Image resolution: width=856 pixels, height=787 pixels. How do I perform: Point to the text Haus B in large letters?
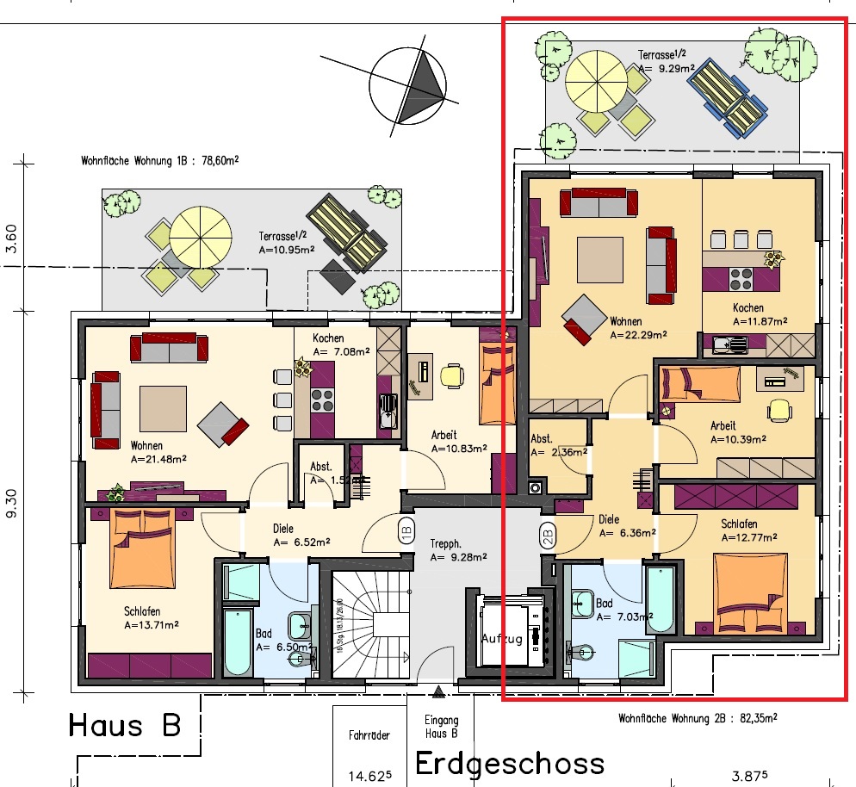coord(125,724)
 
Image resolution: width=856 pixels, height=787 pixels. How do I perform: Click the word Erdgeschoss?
coord(510,763)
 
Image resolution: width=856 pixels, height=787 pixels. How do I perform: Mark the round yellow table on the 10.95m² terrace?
coord(201,235)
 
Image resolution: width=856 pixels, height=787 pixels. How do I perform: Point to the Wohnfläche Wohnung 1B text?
coord(159,160)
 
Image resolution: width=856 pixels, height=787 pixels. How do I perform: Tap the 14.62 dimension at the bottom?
coord(371,774)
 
